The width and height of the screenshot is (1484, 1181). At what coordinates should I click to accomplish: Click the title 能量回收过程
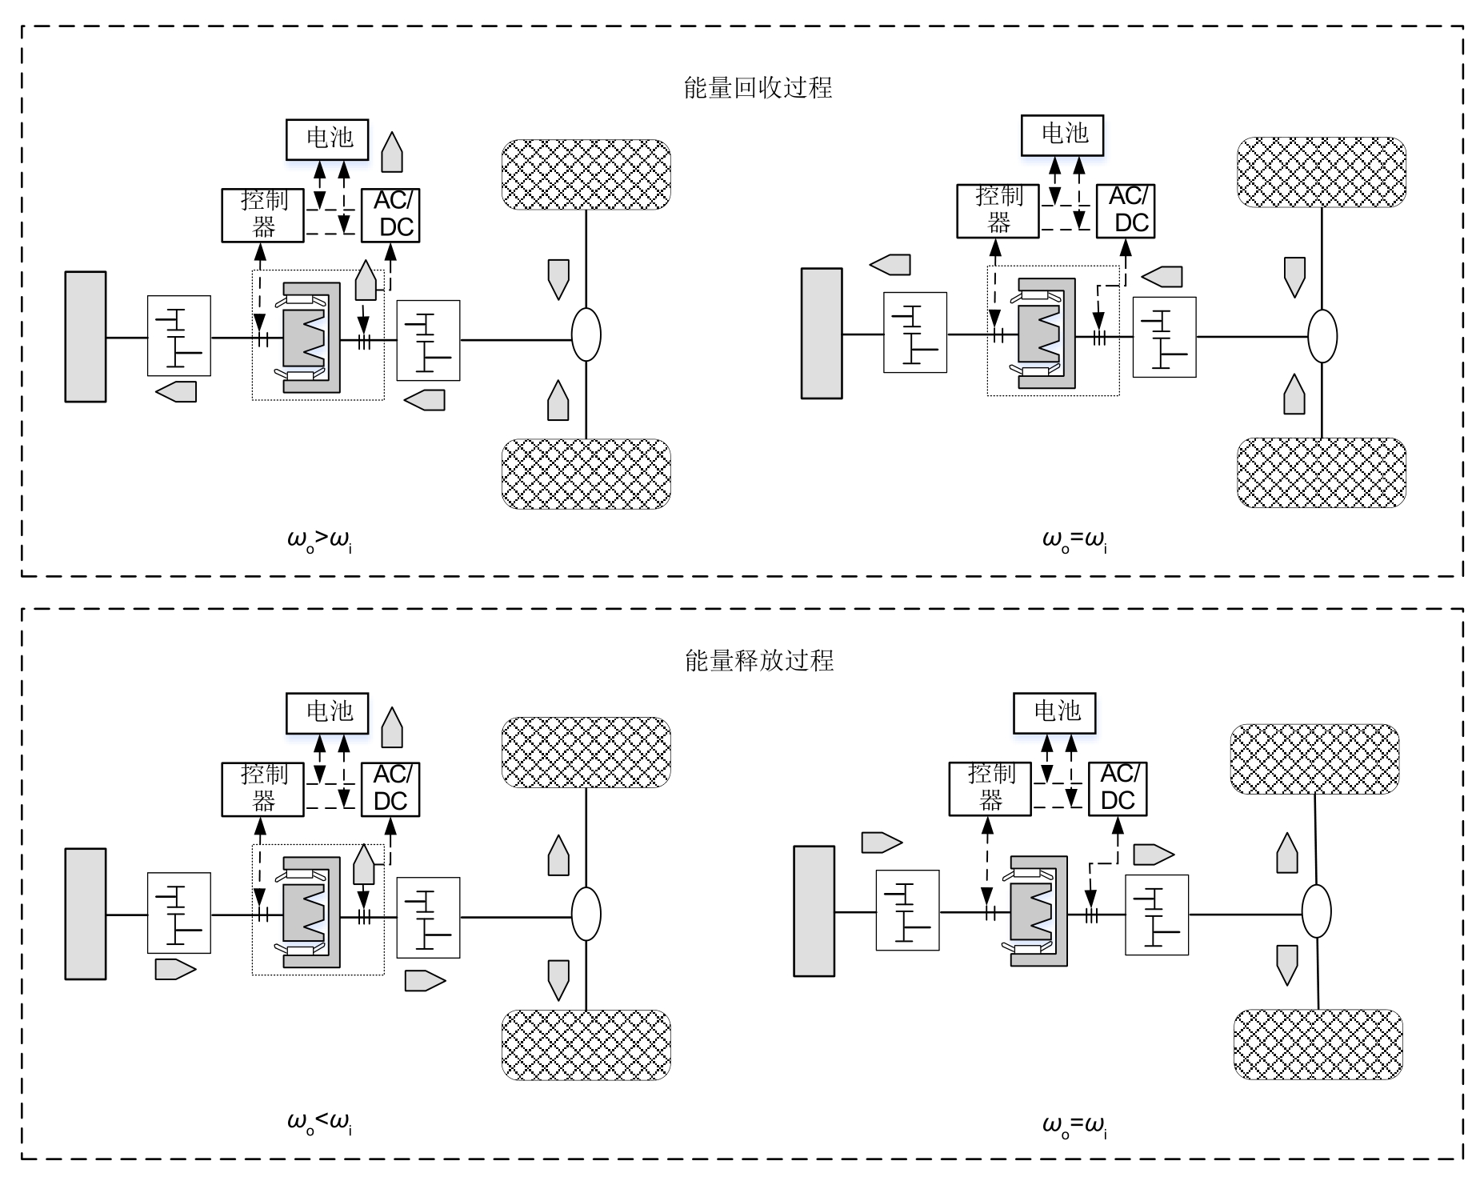coord(758,87)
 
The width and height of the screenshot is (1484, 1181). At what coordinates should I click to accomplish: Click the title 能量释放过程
coord(759,660)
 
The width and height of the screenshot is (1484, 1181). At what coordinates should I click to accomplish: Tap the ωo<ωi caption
coord(319,1123)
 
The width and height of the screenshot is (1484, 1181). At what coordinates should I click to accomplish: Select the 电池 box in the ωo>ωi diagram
coord(328,138)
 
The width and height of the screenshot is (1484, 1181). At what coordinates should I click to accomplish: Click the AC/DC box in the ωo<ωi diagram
coord(390,788)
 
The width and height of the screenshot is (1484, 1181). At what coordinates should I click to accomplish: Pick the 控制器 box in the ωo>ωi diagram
coord(262,214)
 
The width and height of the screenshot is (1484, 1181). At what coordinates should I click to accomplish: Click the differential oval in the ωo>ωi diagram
coord(586,335)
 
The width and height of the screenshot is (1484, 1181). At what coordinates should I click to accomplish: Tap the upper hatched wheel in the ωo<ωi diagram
coord(586,752)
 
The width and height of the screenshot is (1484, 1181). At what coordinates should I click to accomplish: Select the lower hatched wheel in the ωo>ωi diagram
coord(586,474)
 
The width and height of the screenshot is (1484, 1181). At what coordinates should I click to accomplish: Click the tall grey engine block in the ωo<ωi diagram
coord(86,913)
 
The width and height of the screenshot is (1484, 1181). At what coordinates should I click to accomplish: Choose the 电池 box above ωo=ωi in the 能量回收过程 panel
coord(1062,134)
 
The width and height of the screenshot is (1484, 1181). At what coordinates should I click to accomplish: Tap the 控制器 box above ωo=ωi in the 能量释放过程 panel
coord(990,788)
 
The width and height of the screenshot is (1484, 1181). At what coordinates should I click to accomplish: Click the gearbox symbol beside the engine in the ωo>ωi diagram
coord(179,335)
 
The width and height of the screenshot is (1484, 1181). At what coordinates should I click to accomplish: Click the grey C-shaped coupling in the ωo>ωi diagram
coord(312,337)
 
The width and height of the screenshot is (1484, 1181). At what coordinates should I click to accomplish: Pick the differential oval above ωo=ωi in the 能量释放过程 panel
coord(1316,911)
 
